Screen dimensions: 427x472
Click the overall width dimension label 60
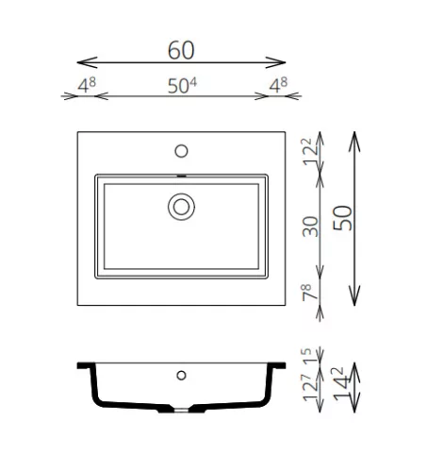181,50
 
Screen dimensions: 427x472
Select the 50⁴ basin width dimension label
182,86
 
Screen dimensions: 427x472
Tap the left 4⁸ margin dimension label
87,85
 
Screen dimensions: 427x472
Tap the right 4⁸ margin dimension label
278,85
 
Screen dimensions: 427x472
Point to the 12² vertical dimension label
310,152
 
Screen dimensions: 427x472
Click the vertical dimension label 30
310,227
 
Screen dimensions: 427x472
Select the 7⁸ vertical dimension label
310,292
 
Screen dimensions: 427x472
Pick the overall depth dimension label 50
342,218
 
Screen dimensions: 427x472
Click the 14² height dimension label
340,383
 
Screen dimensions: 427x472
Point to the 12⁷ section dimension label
310,387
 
